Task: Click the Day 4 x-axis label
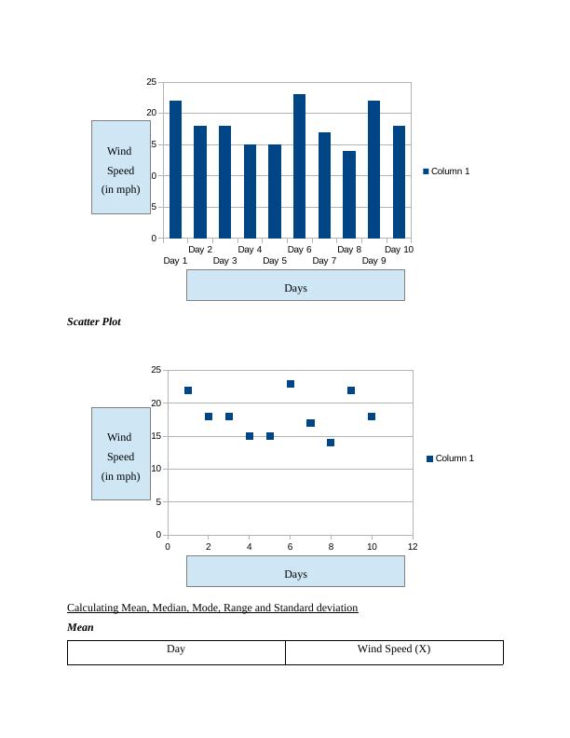(x=250, y=250)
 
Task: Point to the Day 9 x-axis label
(x=373, y=261)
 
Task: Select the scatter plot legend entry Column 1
(x=454, y=458)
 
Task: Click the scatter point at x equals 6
(x=291, y=384)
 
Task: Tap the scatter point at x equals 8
(x=331, y=443)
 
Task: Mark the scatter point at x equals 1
(x=188, y=390)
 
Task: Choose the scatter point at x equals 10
(x=372, y=417)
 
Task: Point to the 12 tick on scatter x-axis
(x=413, y=547)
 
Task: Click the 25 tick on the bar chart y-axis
(x=152, y=83)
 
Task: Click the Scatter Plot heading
(x=94, y=321)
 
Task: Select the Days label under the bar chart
(x=295, y=288)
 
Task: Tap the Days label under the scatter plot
(x=295, y=574)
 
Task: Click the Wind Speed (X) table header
(x=394, y=649)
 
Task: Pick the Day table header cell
(x=176, y=649)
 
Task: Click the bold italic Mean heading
(x=80, y=627)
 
